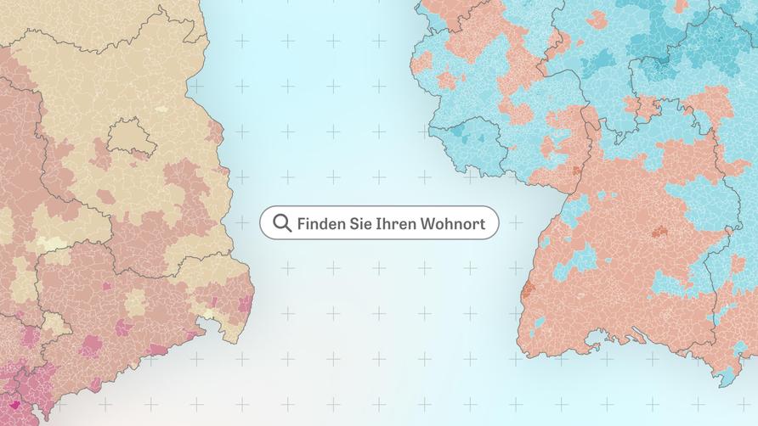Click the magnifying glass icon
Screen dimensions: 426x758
tap(282, 224)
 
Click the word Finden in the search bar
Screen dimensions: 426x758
tap(319, 224)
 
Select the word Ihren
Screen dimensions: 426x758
tap(389, 224)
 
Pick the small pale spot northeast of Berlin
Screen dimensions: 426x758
tap(161, 109)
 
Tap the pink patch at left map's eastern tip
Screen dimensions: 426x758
tap(245, 302)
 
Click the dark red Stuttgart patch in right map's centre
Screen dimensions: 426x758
tap(659, 231)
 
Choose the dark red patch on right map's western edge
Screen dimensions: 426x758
tap(528, 289)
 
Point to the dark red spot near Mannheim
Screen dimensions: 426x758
tap(577, 171)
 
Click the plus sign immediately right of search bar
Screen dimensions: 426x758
tap(516, 222)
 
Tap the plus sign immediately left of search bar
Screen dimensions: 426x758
tap(242, 222)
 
